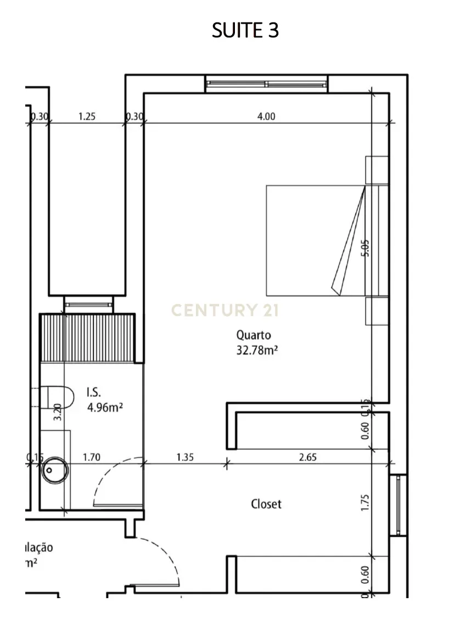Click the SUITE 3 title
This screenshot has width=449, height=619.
coord(245,31)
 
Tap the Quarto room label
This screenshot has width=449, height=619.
coord(254,334)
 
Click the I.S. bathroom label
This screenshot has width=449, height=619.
coord(94,392)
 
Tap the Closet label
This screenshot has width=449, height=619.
coord(266,504)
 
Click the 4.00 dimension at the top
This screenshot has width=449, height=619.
coord(266,116)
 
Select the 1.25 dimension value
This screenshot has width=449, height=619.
coord(87,116)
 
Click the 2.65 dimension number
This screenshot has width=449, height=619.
coord(308,457)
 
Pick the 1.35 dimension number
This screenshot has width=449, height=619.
coord(185,457)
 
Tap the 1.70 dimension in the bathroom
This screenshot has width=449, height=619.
coord(91,457)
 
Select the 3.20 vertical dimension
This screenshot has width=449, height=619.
coord(57,412)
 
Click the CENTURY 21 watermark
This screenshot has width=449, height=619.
coord(225,311)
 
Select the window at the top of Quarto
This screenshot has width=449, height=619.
coord(267,83)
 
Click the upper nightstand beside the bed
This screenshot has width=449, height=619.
coord(377,170)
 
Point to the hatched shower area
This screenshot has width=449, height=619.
coord(88,337)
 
